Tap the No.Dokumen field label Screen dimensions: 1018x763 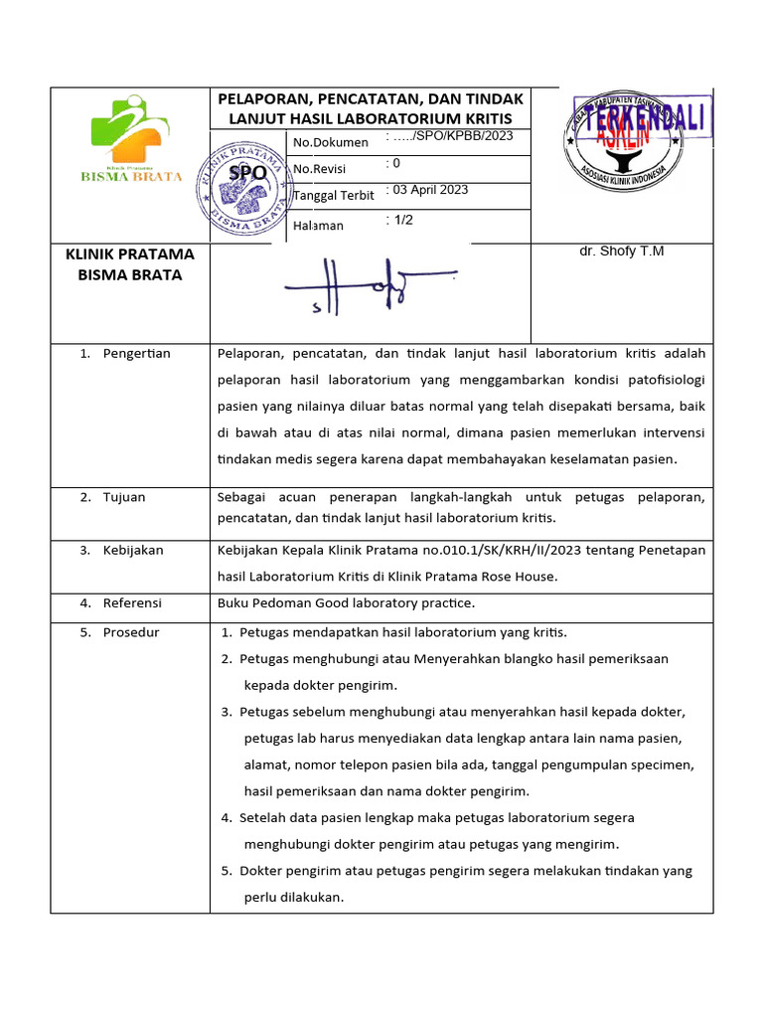pyautogui.click(x=331, y=142)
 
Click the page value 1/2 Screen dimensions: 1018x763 pyautogui.click(x=401, y=221)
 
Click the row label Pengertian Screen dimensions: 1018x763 pyautogui.click(x=136, y=354)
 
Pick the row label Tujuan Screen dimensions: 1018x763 pyautogui.click(x=123, y=497)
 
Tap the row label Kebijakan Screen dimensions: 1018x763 pyautogui.click(x=133, y=550)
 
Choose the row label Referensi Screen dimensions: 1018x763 pyautogui.click(x=132, y=602)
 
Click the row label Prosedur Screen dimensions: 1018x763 pyautogui.click(x=130, y=632)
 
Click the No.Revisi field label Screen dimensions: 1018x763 pyautogui.click(x=320, y=169)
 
